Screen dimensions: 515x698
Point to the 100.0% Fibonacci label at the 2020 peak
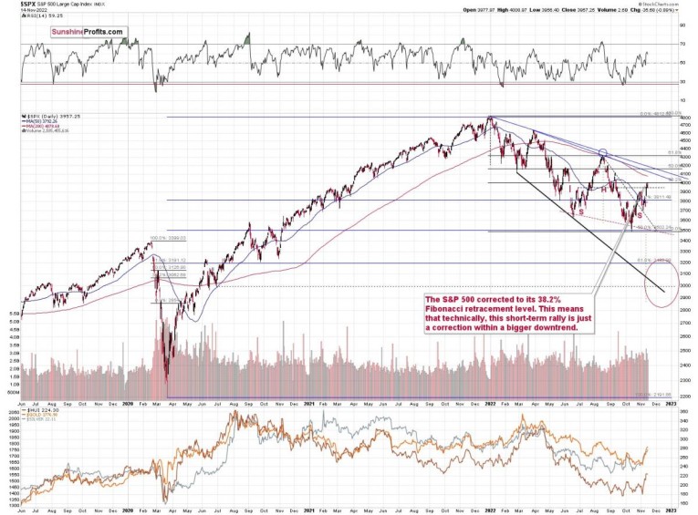[x=161, y=239]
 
